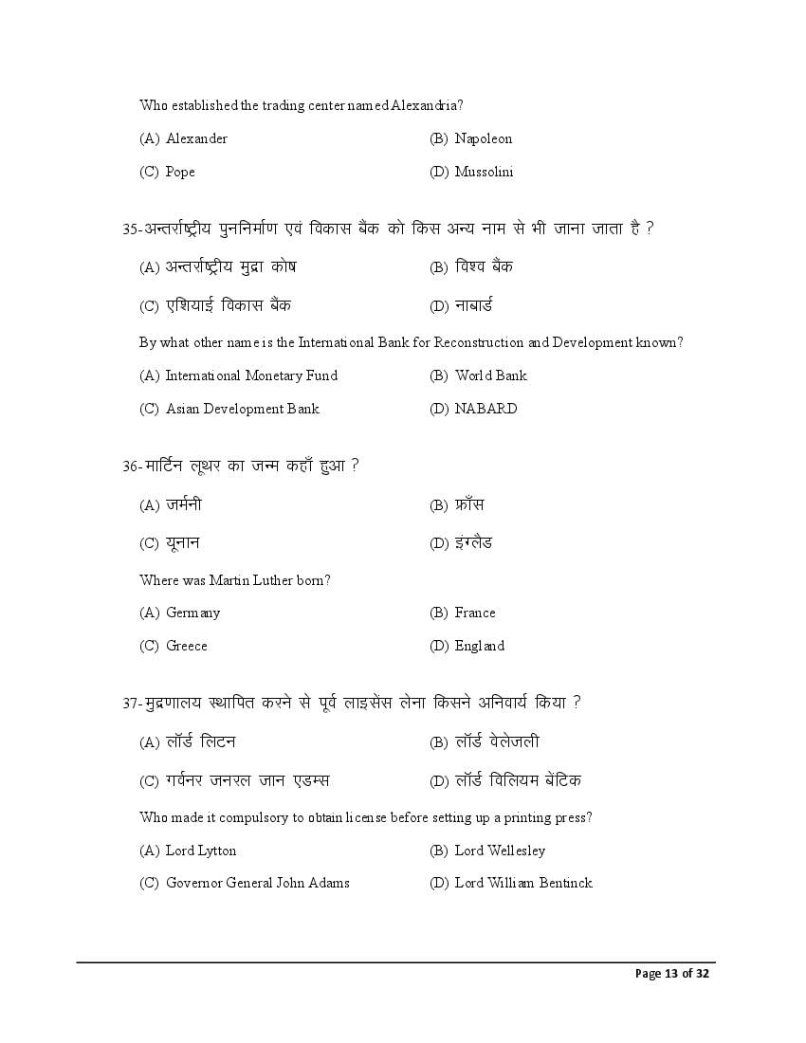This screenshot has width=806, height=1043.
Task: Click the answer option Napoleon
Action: [483, 138]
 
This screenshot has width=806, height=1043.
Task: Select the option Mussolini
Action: [484, 172]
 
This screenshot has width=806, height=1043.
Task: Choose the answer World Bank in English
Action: [490, 375]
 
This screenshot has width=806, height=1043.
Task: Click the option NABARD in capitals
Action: [485, 409]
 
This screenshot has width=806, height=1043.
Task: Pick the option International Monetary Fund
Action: [251, 375]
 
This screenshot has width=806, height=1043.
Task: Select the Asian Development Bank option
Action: [242, 409]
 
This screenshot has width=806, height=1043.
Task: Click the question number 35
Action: [131, 229]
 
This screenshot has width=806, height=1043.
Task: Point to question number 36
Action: [131, 467]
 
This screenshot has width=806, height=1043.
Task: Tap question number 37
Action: [131, 704]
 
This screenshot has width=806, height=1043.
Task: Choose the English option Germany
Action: [192, 613]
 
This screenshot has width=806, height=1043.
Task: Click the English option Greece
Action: [186, 646]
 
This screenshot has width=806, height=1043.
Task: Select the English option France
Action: [475, 613]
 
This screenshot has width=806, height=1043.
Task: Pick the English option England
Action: [479, 646]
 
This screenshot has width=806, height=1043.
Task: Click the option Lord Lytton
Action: [201, 851]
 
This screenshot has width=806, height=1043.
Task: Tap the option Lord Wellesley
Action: [500, 851]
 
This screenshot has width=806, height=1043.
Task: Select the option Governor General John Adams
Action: [257, 883]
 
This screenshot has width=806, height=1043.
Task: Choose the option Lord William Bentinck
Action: [523, 883]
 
